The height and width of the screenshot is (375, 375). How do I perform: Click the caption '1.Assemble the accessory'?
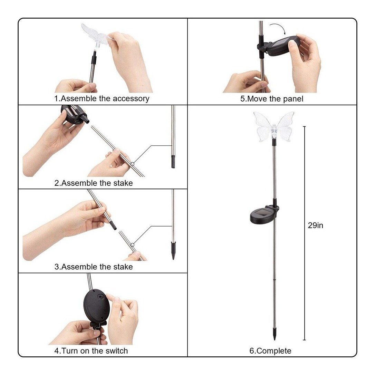[102, 98]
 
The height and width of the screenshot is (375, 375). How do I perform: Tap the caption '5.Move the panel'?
[272, 99]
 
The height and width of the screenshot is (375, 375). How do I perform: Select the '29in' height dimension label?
[316, 225]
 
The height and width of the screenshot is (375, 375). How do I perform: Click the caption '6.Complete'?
[270, 351]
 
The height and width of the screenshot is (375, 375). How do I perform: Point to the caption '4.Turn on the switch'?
[91, 351]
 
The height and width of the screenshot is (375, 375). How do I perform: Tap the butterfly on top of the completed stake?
[274, 127]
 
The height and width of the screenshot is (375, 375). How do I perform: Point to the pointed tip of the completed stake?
[274, 339]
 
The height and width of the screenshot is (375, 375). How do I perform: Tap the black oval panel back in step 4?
[97, 305]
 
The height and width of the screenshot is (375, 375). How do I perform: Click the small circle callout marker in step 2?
[132, 164]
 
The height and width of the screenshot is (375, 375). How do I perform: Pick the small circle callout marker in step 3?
[132, 245]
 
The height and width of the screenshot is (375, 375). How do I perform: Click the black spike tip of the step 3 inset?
[173, 251]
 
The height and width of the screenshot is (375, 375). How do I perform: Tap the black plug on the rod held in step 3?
[112, 224]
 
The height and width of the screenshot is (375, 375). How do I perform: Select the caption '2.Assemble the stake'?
[94, 183]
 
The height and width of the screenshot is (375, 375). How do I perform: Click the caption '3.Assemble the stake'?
[94, 267]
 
